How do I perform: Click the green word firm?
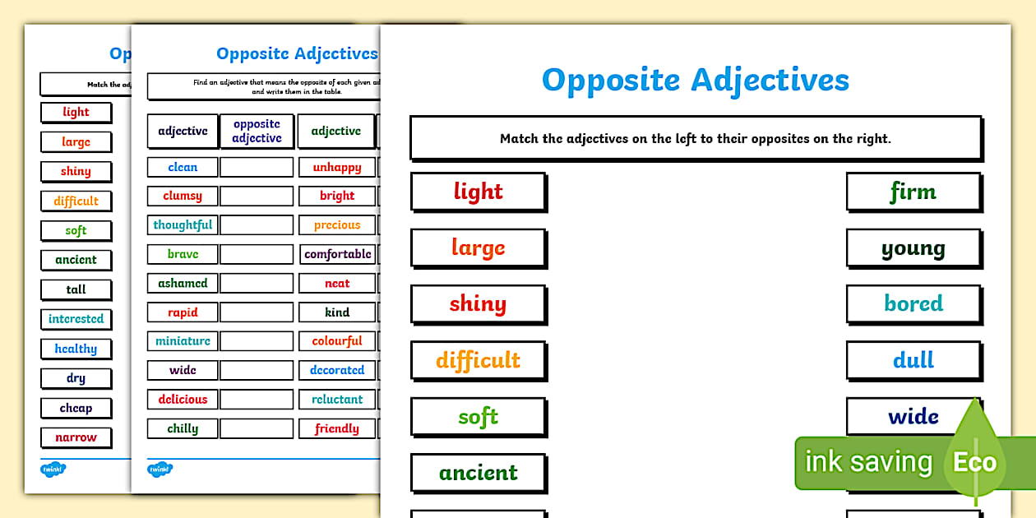[913, 192]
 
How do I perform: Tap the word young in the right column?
[913, 248]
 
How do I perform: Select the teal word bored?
[913, 303]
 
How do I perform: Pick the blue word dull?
[913, 360]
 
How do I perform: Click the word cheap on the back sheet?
[76, 408]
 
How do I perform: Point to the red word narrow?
[76, 437]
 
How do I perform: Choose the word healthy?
[76, 349]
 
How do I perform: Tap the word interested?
[76, 319]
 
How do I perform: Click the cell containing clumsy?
[183, 196]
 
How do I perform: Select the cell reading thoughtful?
[183, 224]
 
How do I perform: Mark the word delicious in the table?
[183, 399]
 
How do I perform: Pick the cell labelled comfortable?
[337, 254]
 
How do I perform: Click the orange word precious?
[337, 224]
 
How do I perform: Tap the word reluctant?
[337, 399]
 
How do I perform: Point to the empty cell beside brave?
[257, 254]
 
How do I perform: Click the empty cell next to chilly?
[257, 428]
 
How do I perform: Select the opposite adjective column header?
[257, 132]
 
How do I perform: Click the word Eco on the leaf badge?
[974, 462]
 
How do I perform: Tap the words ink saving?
[868, 462]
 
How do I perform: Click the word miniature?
[183, 340]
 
